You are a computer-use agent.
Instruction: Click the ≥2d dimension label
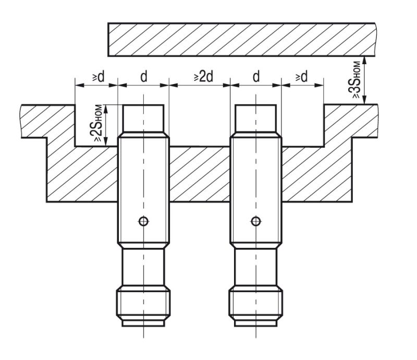click(x=203, y=77)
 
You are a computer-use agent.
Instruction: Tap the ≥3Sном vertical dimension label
click(x=357, y=80)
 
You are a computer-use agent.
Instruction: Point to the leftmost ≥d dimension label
click(x=99, y=77)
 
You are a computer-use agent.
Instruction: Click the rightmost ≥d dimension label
click(x=301, y=77)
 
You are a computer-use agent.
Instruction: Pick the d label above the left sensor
click(x=144, y=77)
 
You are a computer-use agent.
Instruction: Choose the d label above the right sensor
click(x=256, y=77)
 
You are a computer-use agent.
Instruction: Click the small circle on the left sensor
click(x=144, y=221)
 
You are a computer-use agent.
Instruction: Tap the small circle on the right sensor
click(x=256, y=221)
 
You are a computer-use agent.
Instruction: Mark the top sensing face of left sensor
click(x=143, y=105)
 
